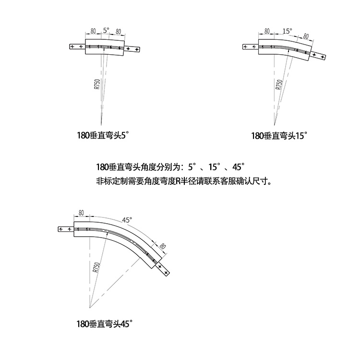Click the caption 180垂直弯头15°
coord(279,135)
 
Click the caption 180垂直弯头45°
coord(104,324)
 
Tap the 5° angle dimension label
coord(106,30)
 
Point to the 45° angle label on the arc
coord(127,220)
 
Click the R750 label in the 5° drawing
coord(97,84)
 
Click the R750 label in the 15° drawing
coord(279,84)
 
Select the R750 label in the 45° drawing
coord(96,267)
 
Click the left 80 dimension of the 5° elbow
coord(93,30)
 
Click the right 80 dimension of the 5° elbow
coord(118,31)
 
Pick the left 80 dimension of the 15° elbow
coord(267,31)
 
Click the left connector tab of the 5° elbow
coord(77,47)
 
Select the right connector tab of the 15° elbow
coord(318,56)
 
